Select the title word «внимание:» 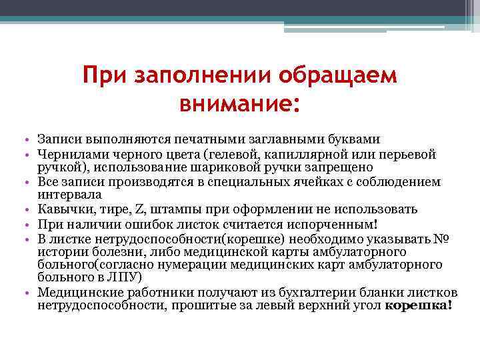coord(239,104)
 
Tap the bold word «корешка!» coord(419,305)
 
